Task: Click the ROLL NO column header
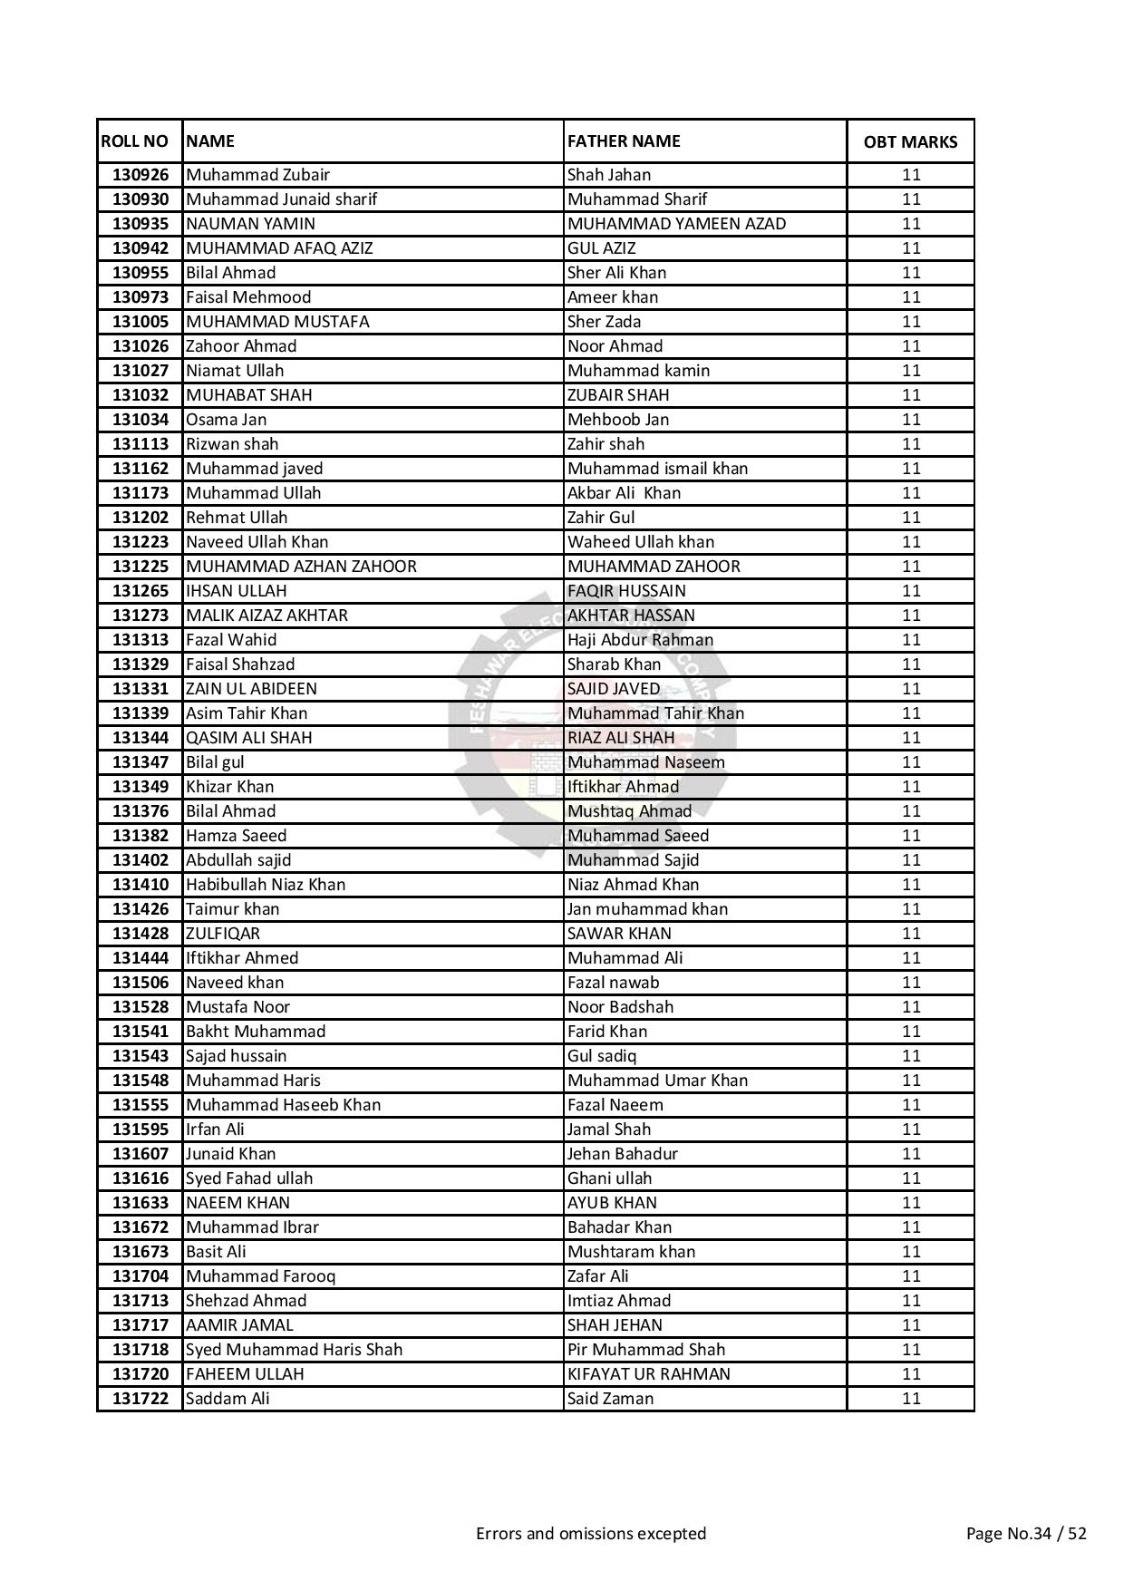(x=134, y=141)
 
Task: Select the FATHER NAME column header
(x=624, y=141)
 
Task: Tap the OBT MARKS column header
(x=910, y=142)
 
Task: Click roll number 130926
(x=140, y=175)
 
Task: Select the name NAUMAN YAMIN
(x=250, y=224)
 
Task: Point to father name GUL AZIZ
(x=601, y=248)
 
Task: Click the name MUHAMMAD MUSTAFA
(x=277, y=322)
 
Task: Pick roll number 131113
(x=140, y=444)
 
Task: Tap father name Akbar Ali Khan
(x=624, y=493)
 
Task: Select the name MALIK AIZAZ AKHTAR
(x=266, y=616)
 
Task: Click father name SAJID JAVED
(x=614, y=689)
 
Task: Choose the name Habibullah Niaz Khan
(x=266, y=885)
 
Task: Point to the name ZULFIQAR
(x=223, y=934)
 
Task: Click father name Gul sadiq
(x=602, y=1056)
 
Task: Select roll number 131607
(x=140, y=1154)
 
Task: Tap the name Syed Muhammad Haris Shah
(x=294, y=1350)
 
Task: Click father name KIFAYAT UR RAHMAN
(x=648, y=1374)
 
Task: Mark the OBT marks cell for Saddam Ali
(x=910, y=1399)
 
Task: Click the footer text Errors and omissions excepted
(x=591, y=1534)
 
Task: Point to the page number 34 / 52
(x=1026, y=1534)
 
